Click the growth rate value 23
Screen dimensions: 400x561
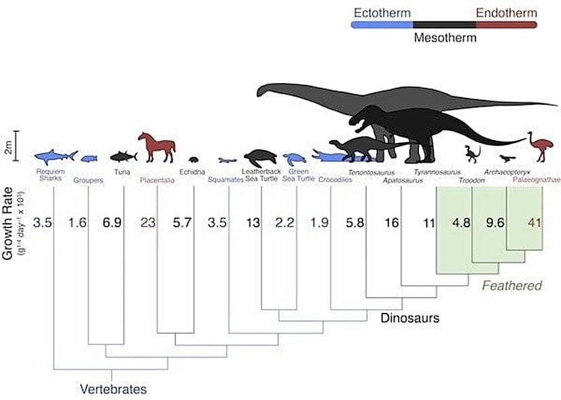(148, 222)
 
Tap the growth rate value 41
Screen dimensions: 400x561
(534, 222)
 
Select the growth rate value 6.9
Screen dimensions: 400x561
(112, 222)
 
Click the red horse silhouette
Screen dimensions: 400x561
(156, 147)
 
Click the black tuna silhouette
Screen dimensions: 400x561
(123, 156)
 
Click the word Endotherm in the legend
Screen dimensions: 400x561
(506, 13)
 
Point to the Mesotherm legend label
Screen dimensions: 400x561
(445, 38)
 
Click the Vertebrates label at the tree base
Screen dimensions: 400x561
(113, 390)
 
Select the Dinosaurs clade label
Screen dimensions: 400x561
(410, 318)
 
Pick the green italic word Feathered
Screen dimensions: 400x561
(511, 286)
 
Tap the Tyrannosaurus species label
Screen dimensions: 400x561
(437, 173)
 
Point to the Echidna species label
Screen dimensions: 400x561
(191, 173)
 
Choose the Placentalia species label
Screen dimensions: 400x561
(157, 181)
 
